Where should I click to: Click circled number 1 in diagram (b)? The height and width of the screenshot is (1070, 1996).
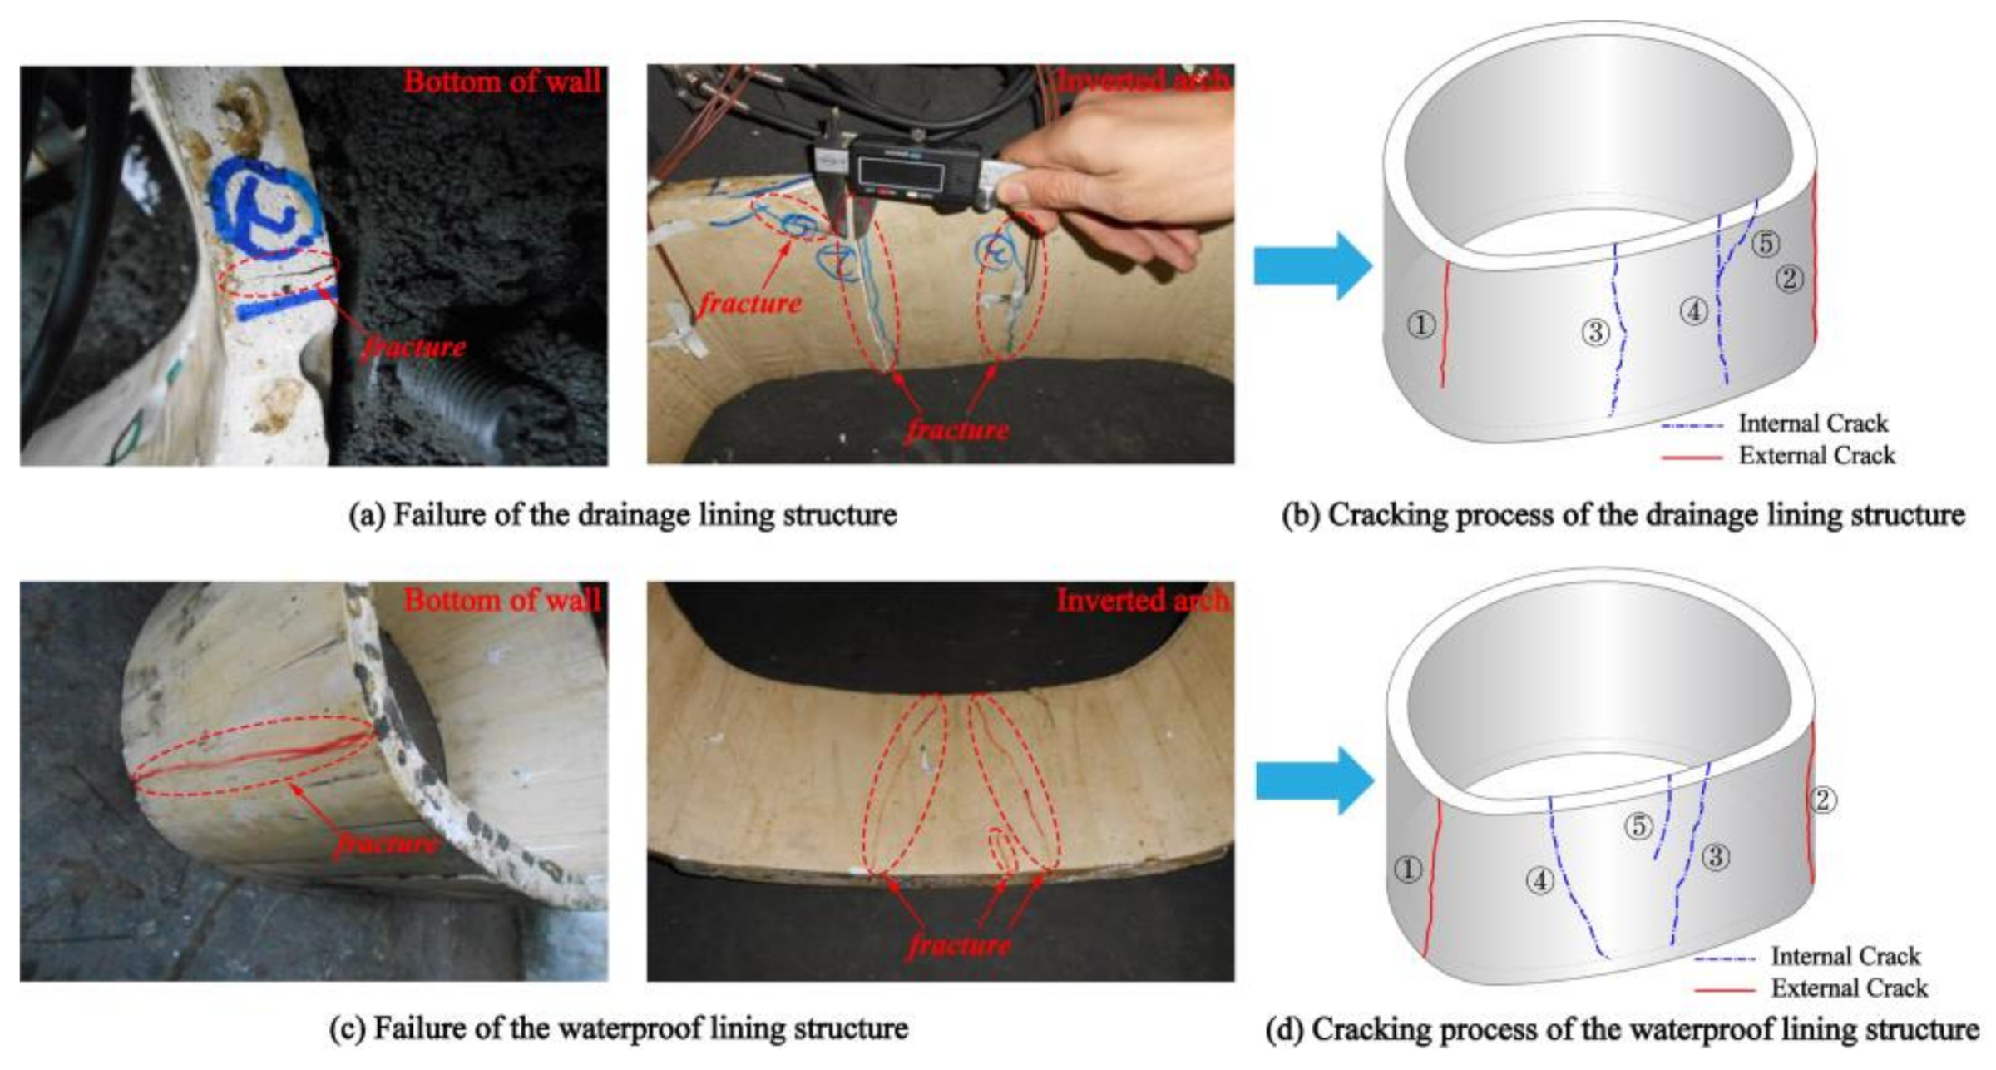1421,324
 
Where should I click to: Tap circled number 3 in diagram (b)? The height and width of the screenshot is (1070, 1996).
1595,332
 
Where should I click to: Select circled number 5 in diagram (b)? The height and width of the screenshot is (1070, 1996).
1765,243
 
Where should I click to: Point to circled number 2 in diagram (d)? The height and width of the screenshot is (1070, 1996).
1822,800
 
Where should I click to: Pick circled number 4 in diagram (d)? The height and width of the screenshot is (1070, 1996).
1539,879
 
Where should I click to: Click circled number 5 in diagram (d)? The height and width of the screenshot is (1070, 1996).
1638,826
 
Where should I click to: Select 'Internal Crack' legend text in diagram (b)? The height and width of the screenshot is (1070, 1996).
1812,424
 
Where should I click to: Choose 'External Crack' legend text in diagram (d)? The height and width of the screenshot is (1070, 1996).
1849,988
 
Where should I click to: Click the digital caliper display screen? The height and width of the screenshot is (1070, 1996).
902,173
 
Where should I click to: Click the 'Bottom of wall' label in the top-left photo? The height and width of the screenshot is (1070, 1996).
501,82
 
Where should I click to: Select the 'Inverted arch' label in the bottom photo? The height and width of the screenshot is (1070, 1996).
1142,600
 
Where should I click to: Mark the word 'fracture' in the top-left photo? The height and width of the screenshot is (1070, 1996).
414,346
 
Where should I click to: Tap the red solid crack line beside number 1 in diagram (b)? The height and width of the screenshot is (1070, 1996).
1445,324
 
